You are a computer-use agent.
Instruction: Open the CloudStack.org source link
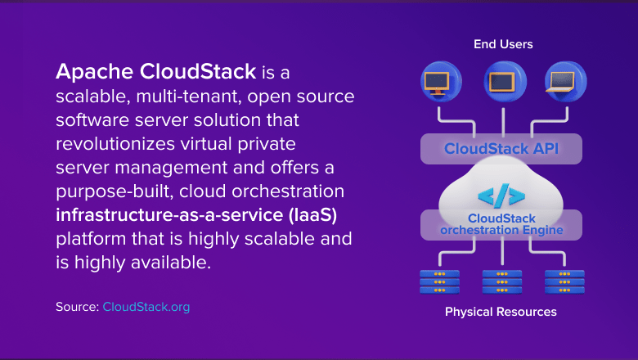(146, 307)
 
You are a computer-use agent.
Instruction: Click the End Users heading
(503, 43)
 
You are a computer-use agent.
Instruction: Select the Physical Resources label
(501, 312)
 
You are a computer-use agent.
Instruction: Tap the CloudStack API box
(501, 149)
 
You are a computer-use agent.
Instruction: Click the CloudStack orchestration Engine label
(500, 224)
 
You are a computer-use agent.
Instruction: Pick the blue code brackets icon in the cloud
(500, 196)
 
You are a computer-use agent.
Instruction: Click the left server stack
(440, 281)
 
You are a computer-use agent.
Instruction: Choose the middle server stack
(501, 281)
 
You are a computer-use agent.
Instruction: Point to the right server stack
(564, 281)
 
